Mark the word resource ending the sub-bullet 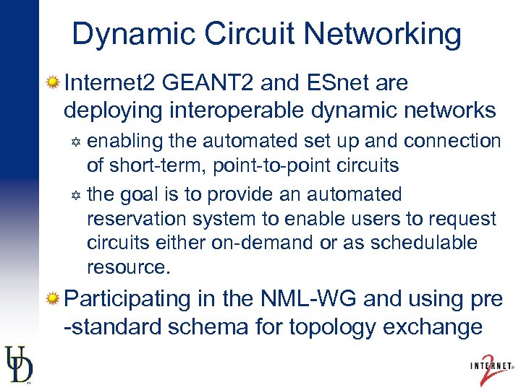pos(127,267)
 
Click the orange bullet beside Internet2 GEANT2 pos(52,84)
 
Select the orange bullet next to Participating pos(52,299)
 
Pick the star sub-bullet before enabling pos(75,142)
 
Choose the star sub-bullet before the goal pos(75,195)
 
